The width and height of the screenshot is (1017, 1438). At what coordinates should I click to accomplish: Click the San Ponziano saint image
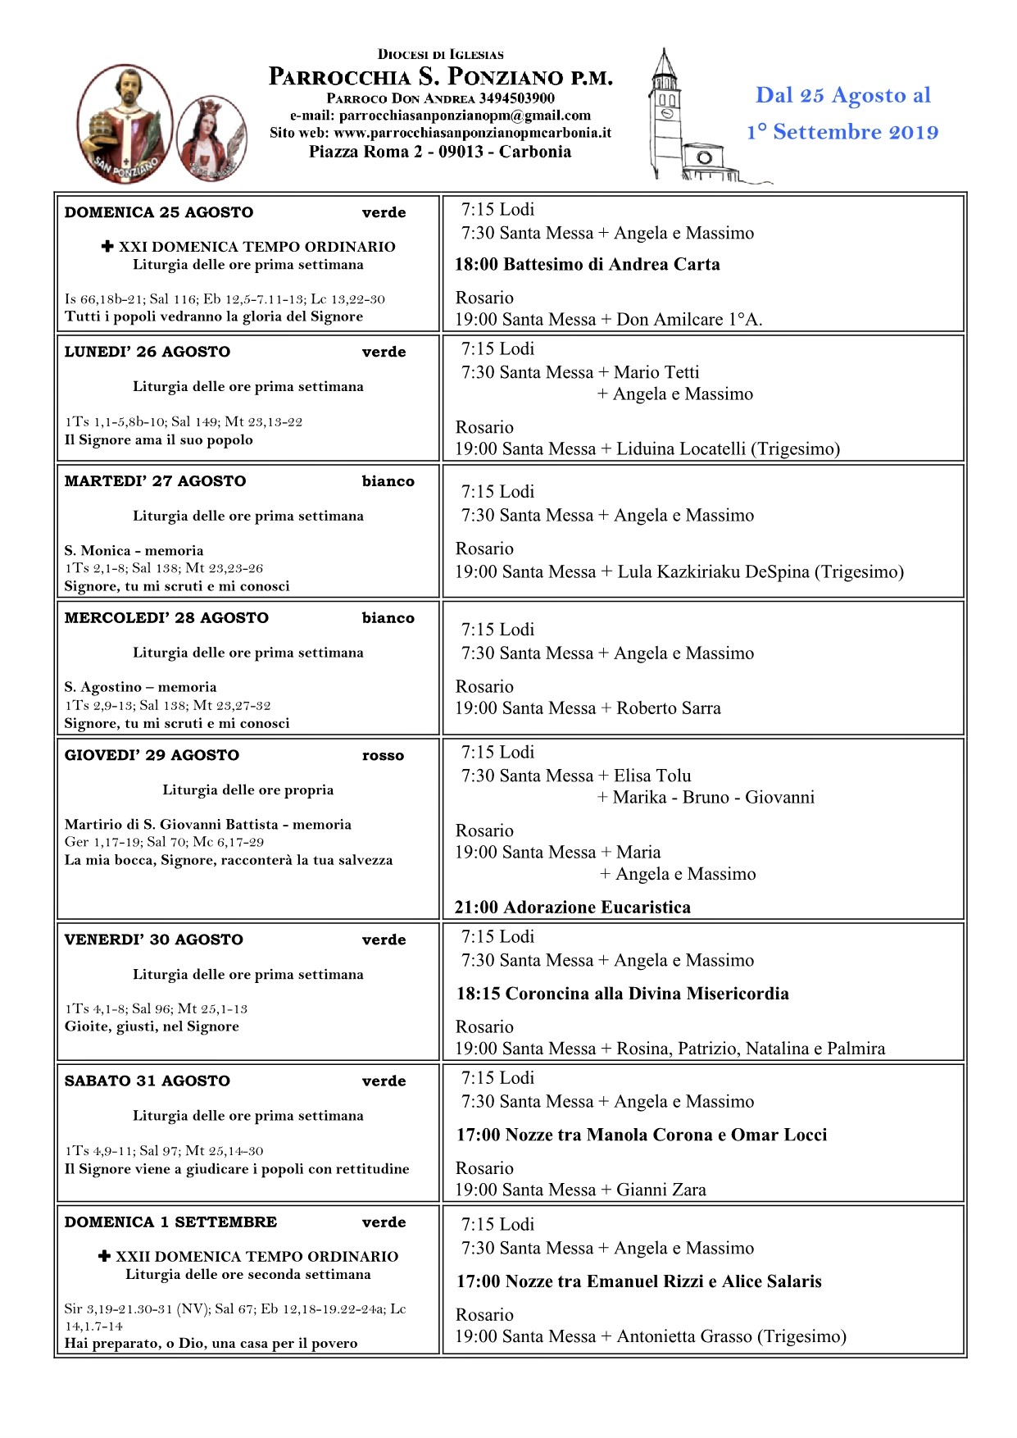pos(125,123)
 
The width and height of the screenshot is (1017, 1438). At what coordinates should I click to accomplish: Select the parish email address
pos(465,116)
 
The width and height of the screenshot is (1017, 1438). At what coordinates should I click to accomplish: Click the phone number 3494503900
pos(516,98)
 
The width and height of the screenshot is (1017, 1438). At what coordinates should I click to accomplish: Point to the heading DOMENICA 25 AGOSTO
pos(159,212)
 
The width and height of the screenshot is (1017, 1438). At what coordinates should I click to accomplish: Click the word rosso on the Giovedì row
pos(383,756)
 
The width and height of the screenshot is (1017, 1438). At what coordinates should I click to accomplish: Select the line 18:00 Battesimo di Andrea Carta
pos(587,265)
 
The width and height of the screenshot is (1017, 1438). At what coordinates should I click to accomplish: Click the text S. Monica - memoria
pos(134,551)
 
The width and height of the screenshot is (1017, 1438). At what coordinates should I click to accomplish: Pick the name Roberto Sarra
pos(669,708)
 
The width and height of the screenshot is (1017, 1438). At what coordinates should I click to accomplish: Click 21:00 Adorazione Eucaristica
pos(572,908)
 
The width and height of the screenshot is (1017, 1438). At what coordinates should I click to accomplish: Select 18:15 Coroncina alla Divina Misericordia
pos(622,994)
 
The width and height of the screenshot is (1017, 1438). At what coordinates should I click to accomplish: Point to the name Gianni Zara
pos(661,1190)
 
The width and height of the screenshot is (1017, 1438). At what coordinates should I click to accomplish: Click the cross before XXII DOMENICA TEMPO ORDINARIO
pos(104,1256)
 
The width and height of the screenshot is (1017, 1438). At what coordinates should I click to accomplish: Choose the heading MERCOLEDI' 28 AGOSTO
pos(166,618)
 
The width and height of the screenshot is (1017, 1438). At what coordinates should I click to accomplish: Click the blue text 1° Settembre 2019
pos(842,132)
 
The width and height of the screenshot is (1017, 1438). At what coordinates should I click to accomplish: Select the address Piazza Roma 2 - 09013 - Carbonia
pos(440,152)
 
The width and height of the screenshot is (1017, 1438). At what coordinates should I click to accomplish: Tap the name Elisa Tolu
pos(652,776)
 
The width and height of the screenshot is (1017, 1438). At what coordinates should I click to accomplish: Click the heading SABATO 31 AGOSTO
pos(148,1081)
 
